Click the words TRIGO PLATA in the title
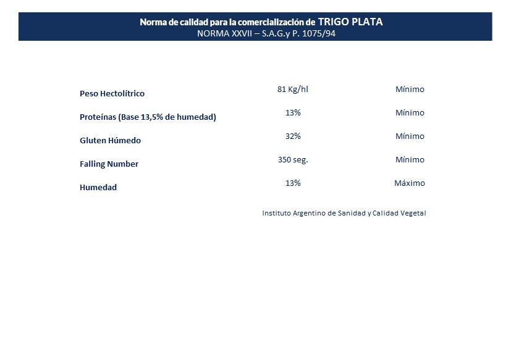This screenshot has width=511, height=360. point(350,22)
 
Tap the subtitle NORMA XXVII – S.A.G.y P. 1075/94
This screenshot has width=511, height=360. point(266,33)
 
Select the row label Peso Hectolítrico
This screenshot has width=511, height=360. point(112,94)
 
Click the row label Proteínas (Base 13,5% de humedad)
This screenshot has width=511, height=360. point(148,117)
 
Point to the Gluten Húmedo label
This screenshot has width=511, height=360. point(110,141)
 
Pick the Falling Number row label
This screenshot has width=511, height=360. point(109,164)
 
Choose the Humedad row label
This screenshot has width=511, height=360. point(98,188)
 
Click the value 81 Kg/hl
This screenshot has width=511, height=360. point(293,90)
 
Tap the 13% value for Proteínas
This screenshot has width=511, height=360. point(293,113)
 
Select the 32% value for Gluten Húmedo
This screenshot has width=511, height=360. point(293,136)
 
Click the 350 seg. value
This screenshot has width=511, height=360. point(293,160)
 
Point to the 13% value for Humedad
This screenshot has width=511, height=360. point(293,183)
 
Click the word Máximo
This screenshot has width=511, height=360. point(410,183)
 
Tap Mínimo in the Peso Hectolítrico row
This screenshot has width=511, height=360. point(410,90)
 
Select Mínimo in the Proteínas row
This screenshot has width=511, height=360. point(410,113)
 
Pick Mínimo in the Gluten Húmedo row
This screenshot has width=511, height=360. point(410,136)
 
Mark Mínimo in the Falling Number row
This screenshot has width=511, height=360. point(410,160)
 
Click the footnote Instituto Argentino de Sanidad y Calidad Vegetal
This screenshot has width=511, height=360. point(344,214)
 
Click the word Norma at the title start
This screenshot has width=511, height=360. point(153,22)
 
